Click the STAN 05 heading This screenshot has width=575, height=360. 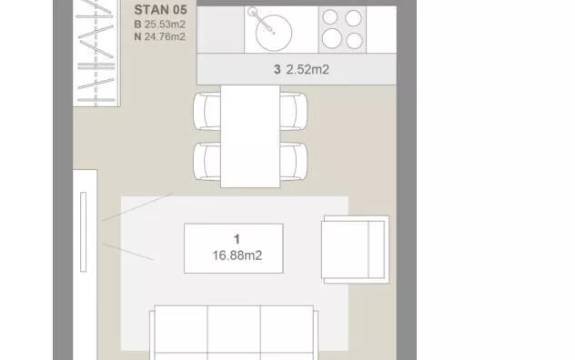161,10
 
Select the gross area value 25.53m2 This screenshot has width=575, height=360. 165,25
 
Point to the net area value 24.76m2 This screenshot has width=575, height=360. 165,36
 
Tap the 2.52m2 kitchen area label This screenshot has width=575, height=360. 308,69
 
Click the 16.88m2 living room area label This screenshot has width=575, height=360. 237,255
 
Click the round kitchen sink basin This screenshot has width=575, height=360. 274,33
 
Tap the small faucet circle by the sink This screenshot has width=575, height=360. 252,12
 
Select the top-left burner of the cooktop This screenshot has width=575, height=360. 330,17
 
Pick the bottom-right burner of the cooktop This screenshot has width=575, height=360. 354,41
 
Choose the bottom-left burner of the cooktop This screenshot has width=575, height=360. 332,38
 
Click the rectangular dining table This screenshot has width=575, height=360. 250,136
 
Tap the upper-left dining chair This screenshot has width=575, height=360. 207,111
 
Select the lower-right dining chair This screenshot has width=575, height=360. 294,161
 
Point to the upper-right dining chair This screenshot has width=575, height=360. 294,111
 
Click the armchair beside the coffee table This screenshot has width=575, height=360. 356,249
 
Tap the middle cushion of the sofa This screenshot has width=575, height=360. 234,329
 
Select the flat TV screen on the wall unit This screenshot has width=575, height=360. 83,232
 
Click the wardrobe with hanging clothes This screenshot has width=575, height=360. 96,53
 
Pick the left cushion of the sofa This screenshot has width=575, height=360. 181,329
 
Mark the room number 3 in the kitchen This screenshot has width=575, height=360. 277,69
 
